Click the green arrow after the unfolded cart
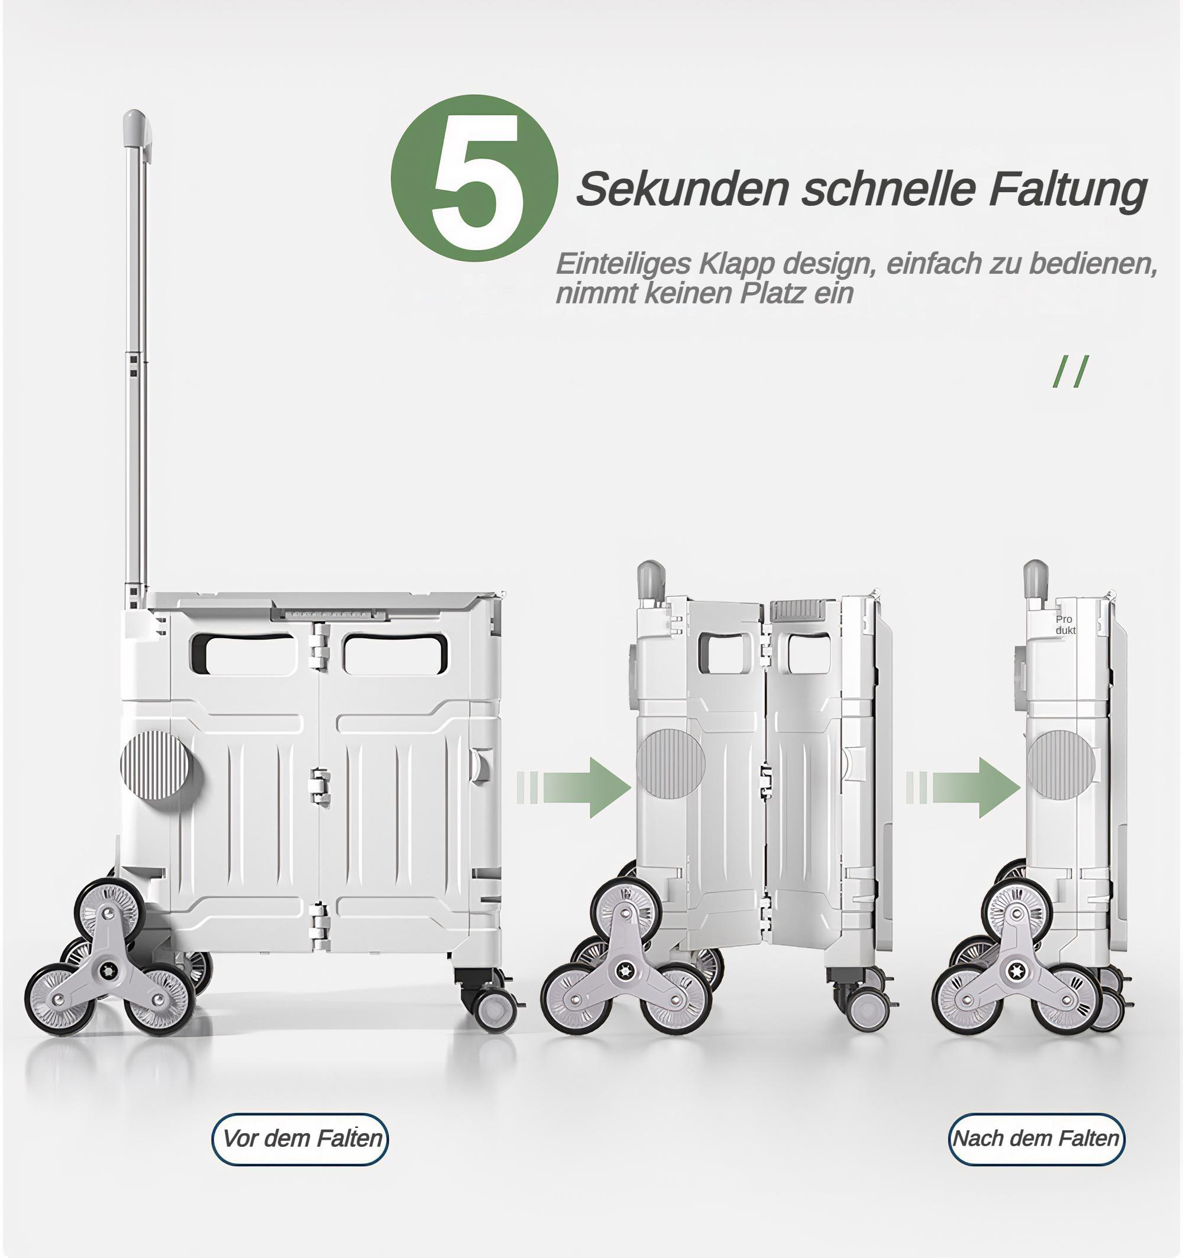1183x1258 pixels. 574,787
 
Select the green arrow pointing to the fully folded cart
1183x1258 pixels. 963,787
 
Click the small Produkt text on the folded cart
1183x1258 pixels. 1065,625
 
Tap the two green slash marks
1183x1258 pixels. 1071,371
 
